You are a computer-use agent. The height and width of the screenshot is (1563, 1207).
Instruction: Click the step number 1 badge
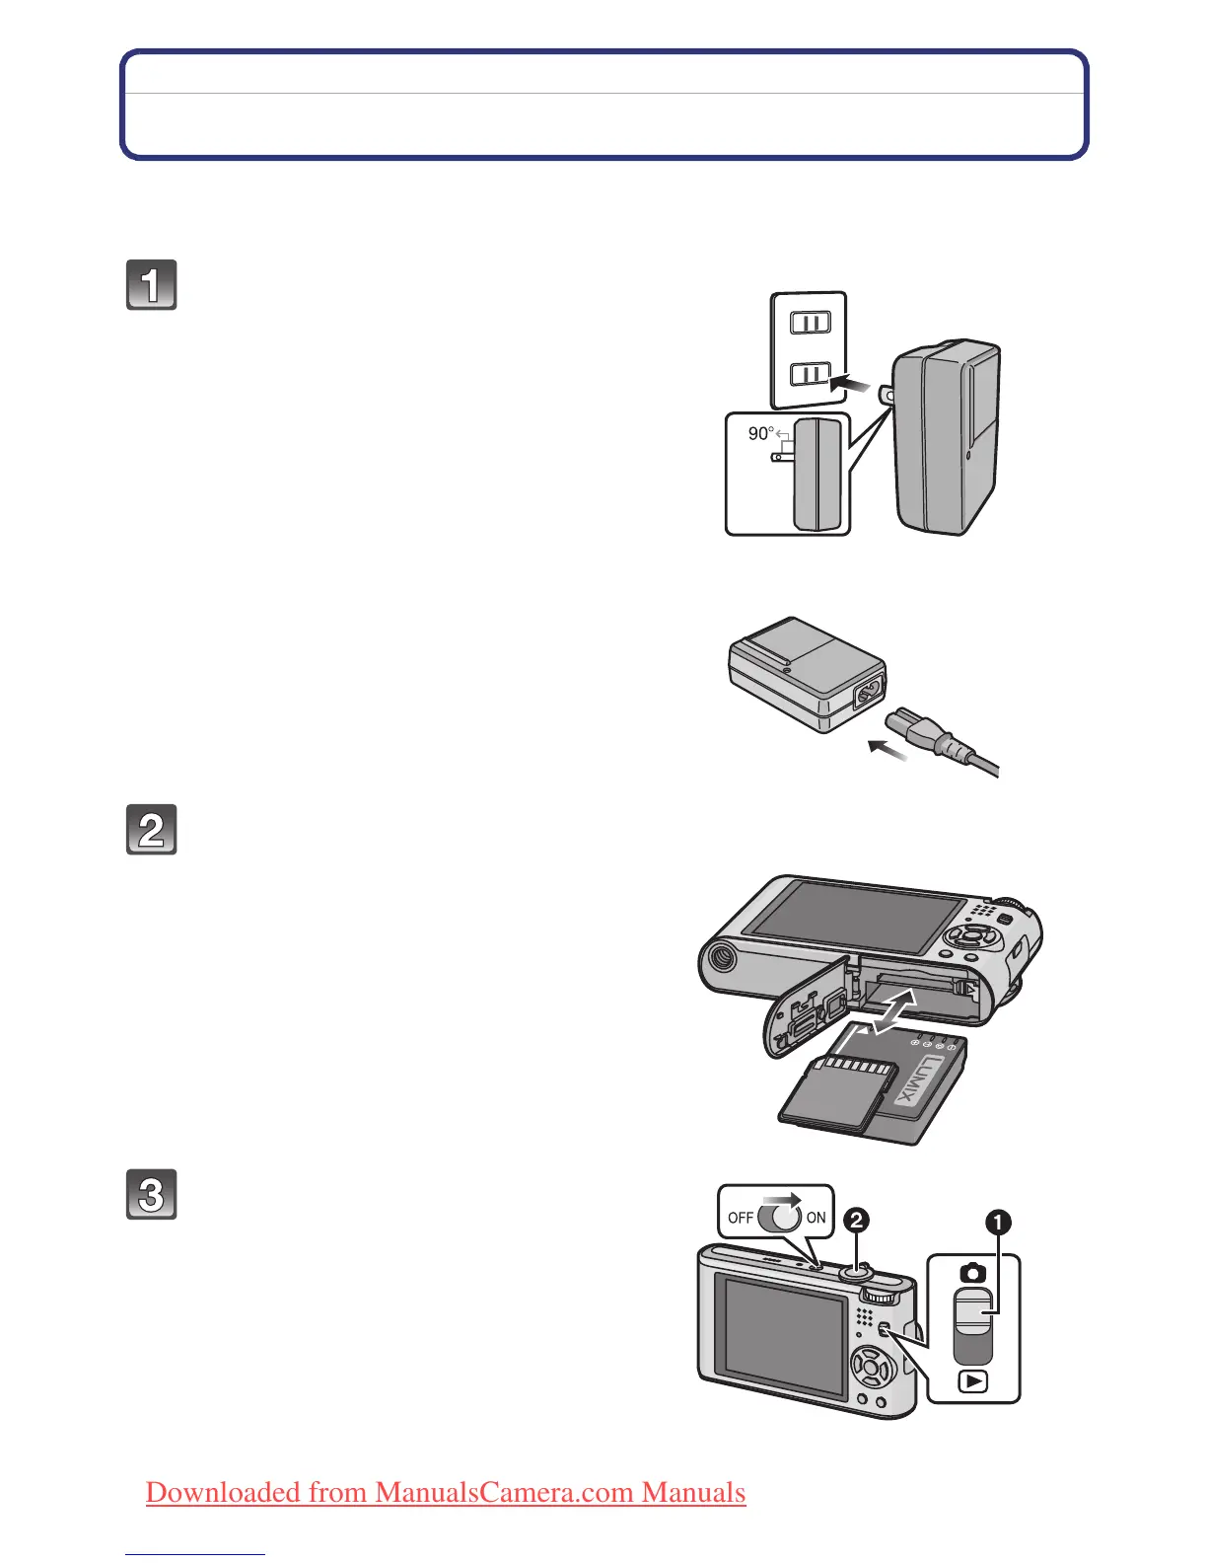point(151,285)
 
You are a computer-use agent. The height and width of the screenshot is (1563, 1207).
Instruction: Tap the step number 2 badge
point(151,830)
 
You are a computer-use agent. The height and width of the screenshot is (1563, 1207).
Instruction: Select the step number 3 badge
point(151,1195)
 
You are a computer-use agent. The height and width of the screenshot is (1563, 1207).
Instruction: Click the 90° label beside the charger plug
point(760,433)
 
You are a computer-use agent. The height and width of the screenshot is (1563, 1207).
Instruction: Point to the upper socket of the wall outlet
point(811,323)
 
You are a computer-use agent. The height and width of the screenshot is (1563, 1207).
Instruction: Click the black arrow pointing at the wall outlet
point(851,380)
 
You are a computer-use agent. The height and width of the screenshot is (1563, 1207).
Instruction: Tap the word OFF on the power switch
point(741,1218)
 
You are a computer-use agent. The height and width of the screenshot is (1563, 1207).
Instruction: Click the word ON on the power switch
point(816,1218)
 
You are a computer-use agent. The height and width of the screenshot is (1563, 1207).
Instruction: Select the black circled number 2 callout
point(856,1221)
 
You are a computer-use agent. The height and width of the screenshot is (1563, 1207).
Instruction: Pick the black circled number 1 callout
point(999,1224)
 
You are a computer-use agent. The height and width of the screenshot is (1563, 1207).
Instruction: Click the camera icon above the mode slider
point(972,1273)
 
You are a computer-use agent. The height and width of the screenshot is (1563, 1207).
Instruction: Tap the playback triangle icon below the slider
point(973,1381)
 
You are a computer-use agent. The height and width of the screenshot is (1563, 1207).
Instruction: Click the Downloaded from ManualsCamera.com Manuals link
point(446,1492)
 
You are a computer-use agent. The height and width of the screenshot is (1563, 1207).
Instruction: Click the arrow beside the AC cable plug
point(887,752)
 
